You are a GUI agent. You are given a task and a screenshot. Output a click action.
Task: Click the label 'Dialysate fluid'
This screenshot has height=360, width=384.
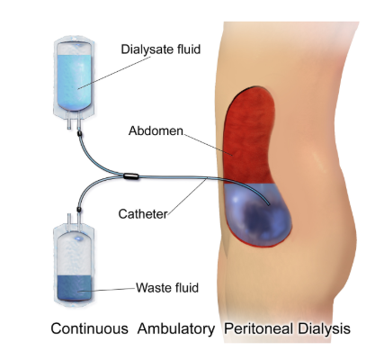pos(161,49)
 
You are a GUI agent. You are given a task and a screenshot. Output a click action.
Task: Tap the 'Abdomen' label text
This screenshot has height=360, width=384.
pos(156,130)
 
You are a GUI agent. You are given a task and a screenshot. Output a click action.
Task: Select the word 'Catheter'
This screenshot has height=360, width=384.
pos(143,214)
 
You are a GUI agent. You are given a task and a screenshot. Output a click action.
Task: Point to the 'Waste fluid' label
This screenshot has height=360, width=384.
pos(167,288)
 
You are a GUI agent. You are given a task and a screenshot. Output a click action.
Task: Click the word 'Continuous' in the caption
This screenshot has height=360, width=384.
pos(89,328)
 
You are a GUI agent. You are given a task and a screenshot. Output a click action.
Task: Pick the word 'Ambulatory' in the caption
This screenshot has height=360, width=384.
pos(176,329)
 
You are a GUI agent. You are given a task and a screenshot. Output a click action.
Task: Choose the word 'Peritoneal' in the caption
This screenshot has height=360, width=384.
pos(259,328)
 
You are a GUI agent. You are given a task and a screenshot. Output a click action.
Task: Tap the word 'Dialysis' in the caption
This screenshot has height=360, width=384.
pos(324,329)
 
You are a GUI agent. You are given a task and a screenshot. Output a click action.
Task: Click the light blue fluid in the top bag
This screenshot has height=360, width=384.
pos(74,82)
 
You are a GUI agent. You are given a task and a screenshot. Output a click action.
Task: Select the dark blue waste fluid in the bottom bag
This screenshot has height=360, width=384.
pos(74,288)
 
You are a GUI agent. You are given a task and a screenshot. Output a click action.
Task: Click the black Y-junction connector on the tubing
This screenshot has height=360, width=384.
pos(131,176)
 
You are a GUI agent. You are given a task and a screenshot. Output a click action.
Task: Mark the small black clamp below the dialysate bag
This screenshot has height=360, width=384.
pos(79,133)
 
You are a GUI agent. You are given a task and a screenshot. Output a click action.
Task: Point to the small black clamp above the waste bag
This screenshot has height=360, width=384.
pos(79,209)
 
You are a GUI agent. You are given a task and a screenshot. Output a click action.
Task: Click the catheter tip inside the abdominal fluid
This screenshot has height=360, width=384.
pos(268,204)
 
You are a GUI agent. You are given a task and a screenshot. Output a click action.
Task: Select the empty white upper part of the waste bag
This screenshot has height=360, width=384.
pos(74,255)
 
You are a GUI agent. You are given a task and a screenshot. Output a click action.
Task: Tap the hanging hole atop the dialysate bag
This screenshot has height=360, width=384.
pos(78,45)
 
